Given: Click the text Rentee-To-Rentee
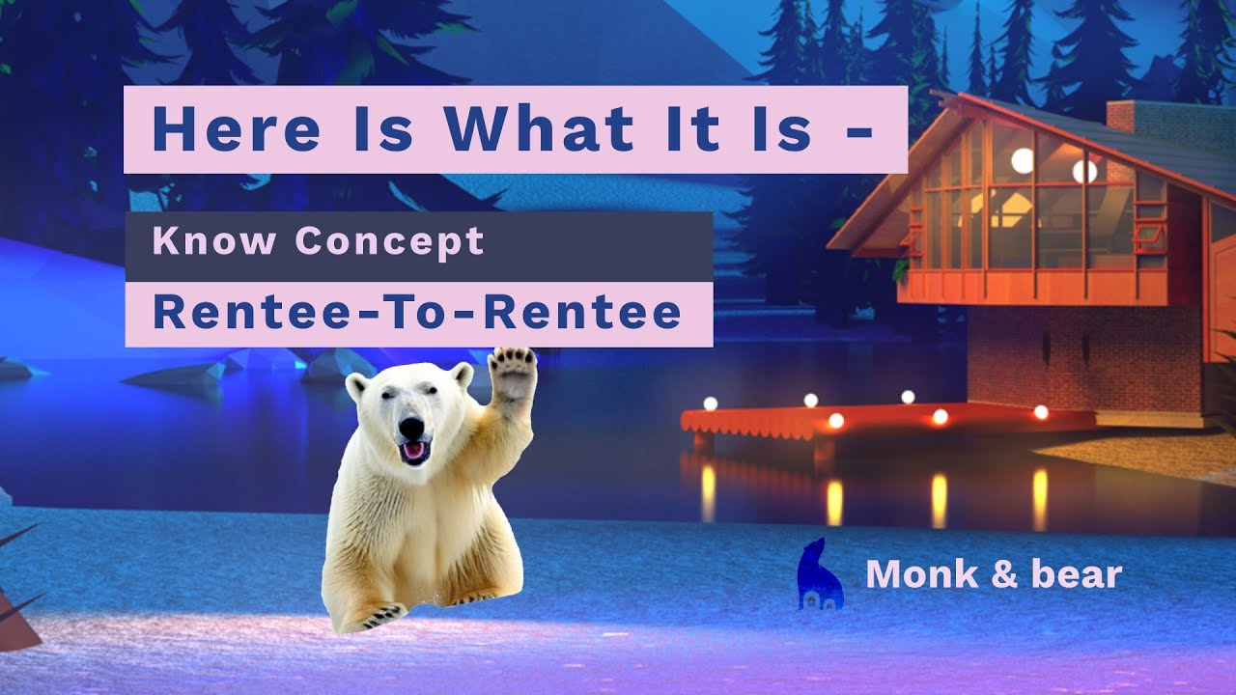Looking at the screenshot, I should [417, 314].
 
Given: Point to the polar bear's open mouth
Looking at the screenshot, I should [414, 451].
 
